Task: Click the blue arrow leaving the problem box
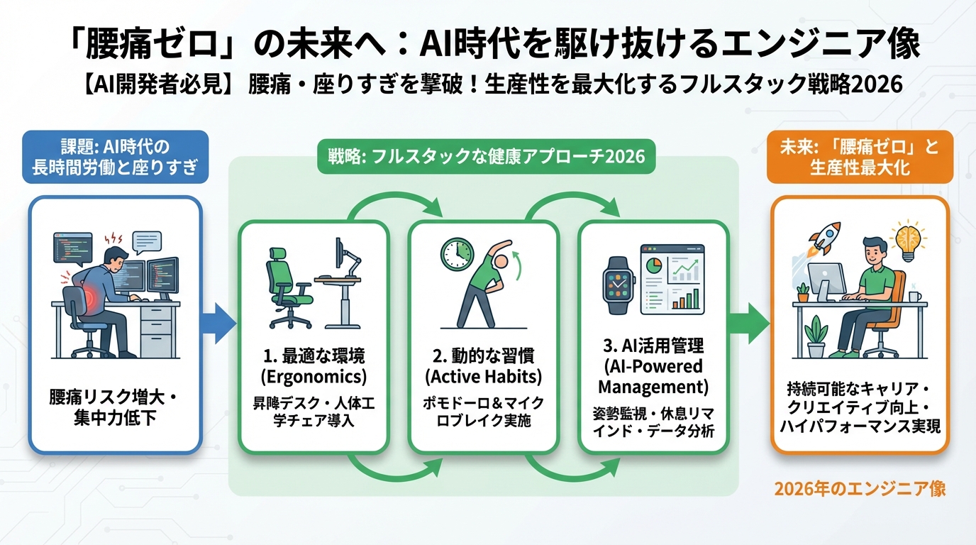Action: tap(219, 324)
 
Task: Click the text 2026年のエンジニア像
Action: tap(860, 490)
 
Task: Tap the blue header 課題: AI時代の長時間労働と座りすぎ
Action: tap(116, 158)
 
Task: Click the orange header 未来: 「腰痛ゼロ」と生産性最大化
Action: tap(860, 158)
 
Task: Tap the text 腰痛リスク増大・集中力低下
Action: tap(116, 407)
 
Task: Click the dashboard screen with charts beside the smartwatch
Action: tap(672, 280)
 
